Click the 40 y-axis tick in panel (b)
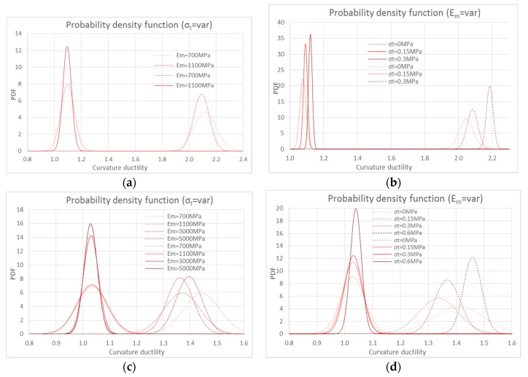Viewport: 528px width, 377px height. tap(281, 22)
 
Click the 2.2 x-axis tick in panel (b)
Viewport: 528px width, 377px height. tap(492, 158)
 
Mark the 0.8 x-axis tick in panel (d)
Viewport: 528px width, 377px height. tap(290, 341)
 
